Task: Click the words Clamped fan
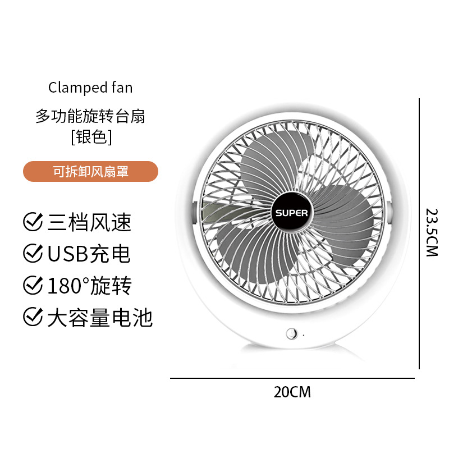point(90,88)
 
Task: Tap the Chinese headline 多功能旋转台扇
point(90,117)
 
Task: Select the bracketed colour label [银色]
point(91,136)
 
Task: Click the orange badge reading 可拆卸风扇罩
point(90,172)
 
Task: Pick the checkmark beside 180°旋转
point(32,286)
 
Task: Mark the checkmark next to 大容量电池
point(32,318)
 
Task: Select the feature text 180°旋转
point(89,286)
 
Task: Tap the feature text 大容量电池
point(99,318)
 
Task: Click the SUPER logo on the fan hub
point(291,213)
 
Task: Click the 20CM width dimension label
point(292,392)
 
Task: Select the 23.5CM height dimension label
point(431,232)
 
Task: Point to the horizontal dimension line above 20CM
point(292,378)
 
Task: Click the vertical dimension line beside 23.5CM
point(419,233)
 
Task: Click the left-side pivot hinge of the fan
point(193,212)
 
